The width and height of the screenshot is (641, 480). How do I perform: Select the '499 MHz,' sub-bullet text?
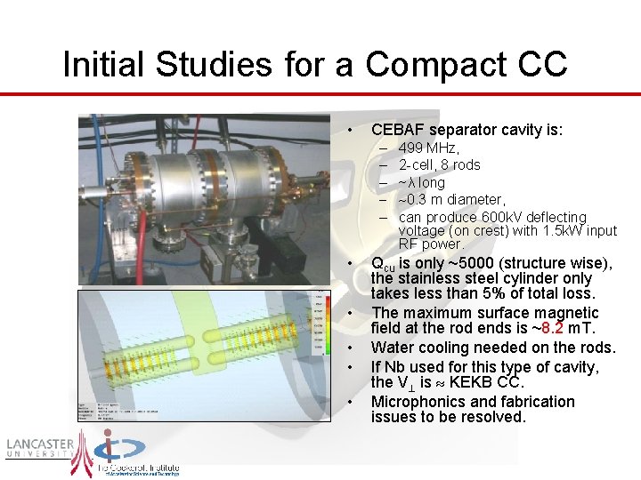[429, 148]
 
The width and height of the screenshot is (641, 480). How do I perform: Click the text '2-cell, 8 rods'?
[440, 165]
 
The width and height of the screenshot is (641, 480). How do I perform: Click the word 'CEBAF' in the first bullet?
[397, 130]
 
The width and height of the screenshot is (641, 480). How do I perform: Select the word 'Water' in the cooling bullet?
[392, 348]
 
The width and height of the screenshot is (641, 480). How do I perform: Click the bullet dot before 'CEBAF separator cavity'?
[353, 131]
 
